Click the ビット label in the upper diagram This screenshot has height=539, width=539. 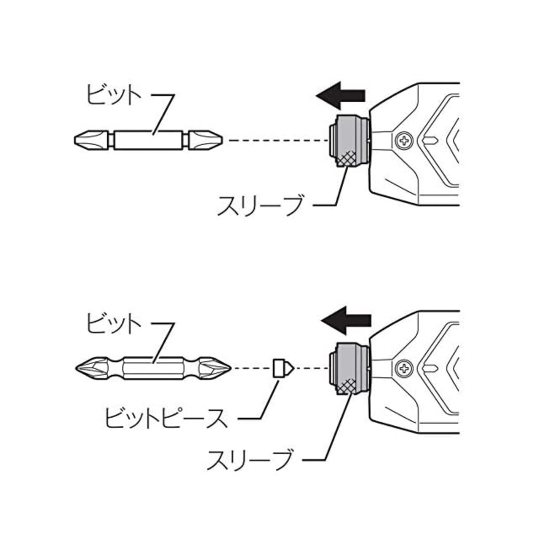113,95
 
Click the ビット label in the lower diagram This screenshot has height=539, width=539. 113,324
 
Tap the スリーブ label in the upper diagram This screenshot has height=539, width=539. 260,205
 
